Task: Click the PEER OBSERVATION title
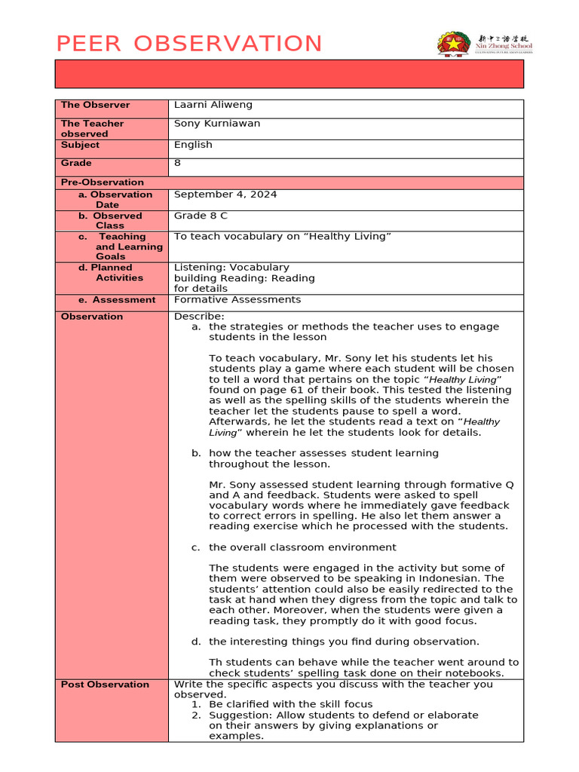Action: tap(189, 44)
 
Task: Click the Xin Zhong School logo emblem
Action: tap(453, 43)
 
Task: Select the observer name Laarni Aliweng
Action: tap(213, 106)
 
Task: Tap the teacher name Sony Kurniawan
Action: tap(217, 124)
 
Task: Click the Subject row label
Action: tap(80, 145)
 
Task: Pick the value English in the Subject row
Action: tap(193, 145)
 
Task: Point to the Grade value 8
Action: tap(178, 163)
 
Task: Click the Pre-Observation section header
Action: tap(103, 182)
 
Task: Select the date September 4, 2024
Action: tap(225, 195)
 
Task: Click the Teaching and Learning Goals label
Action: tap(121, 247)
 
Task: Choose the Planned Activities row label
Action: tap(113, 272)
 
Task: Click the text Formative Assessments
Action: tap(237, 300)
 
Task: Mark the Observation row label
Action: tap(92, 317)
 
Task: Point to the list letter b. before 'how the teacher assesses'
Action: tap(196, 453)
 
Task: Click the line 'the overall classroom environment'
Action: tap(302, 547)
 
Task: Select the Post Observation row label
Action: tap(105, 685)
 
